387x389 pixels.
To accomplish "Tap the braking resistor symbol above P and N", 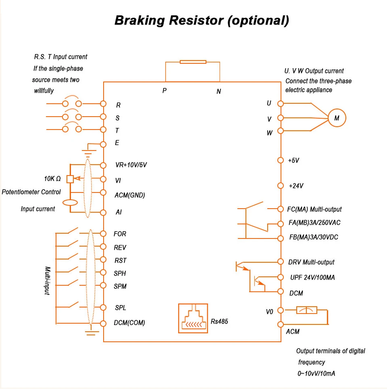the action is click(x=193, y=62).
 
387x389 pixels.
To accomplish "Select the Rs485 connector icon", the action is click(x=193, y=318).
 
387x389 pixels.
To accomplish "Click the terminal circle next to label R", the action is click(x=103, y=104).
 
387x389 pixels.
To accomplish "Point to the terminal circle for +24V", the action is click(x=281, y=186).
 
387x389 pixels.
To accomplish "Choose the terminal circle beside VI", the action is click(x=103, y=179).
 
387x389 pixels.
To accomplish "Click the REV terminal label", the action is click(x=120, y=247).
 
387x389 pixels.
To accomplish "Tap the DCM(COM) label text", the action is click(x=129, y=322).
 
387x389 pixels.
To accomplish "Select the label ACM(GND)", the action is click(x=130, y=195).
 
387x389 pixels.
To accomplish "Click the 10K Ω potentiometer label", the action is click(x=52, y=179).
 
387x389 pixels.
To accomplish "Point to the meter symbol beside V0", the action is click(x=307, y=310).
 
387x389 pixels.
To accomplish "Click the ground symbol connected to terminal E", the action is click(x=89, y=153).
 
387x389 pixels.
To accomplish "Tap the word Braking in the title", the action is click(x=139, y=20).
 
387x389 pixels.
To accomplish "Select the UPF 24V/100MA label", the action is click(x=312, y=277).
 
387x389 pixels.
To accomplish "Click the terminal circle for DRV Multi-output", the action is click(x=281, y=261).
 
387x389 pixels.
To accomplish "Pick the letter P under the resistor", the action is click(x=164, y=90).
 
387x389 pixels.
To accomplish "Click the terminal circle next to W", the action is click(x=281, y=130).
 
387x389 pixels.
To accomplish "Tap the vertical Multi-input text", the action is click(x=47, y=280).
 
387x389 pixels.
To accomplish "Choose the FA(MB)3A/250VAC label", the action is click(x=314, y=222).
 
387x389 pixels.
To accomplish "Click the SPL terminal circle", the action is click(x=103, y=307).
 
